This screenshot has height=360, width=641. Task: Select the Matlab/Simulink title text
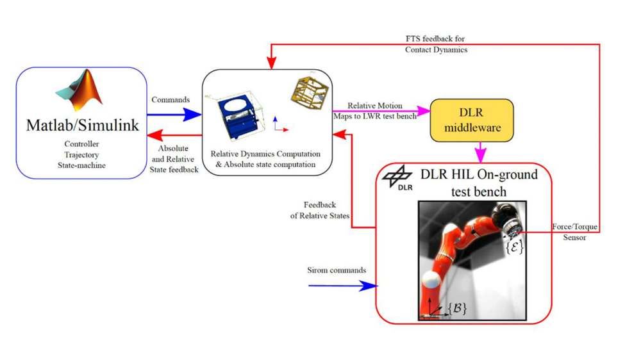point(82,125)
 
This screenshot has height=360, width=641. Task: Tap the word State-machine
point(81,165)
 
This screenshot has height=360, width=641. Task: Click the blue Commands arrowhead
point(192,115)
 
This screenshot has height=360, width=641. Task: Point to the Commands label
point(171,100)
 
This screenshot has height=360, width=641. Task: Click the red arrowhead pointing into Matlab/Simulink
point(155,135)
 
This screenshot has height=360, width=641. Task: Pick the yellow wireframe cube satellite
point(310,93)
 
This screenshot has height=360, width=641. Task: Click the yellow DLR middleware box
point(472,120)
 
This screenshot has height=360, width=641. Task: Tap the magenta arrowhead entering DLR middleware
point(424,110)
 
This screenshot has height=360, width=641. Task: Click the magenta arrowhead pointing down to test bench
point(480,156)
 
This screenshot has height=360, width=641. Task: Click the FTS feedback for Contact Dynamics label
point(436,44)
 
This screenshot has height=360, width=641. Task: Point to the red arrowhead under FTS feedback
point(271,63)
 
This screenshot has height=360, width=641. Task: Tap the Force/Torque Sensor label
point(574,232)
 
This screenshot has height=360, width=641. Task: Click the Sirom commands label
point(337,270)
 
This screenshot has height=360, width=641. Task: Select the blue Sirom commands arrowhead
point(369,286)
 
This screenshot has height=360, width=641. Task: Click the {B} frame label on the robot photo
point(457,308)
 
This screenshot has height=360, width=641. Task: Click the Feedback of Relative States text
point(320,210)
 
